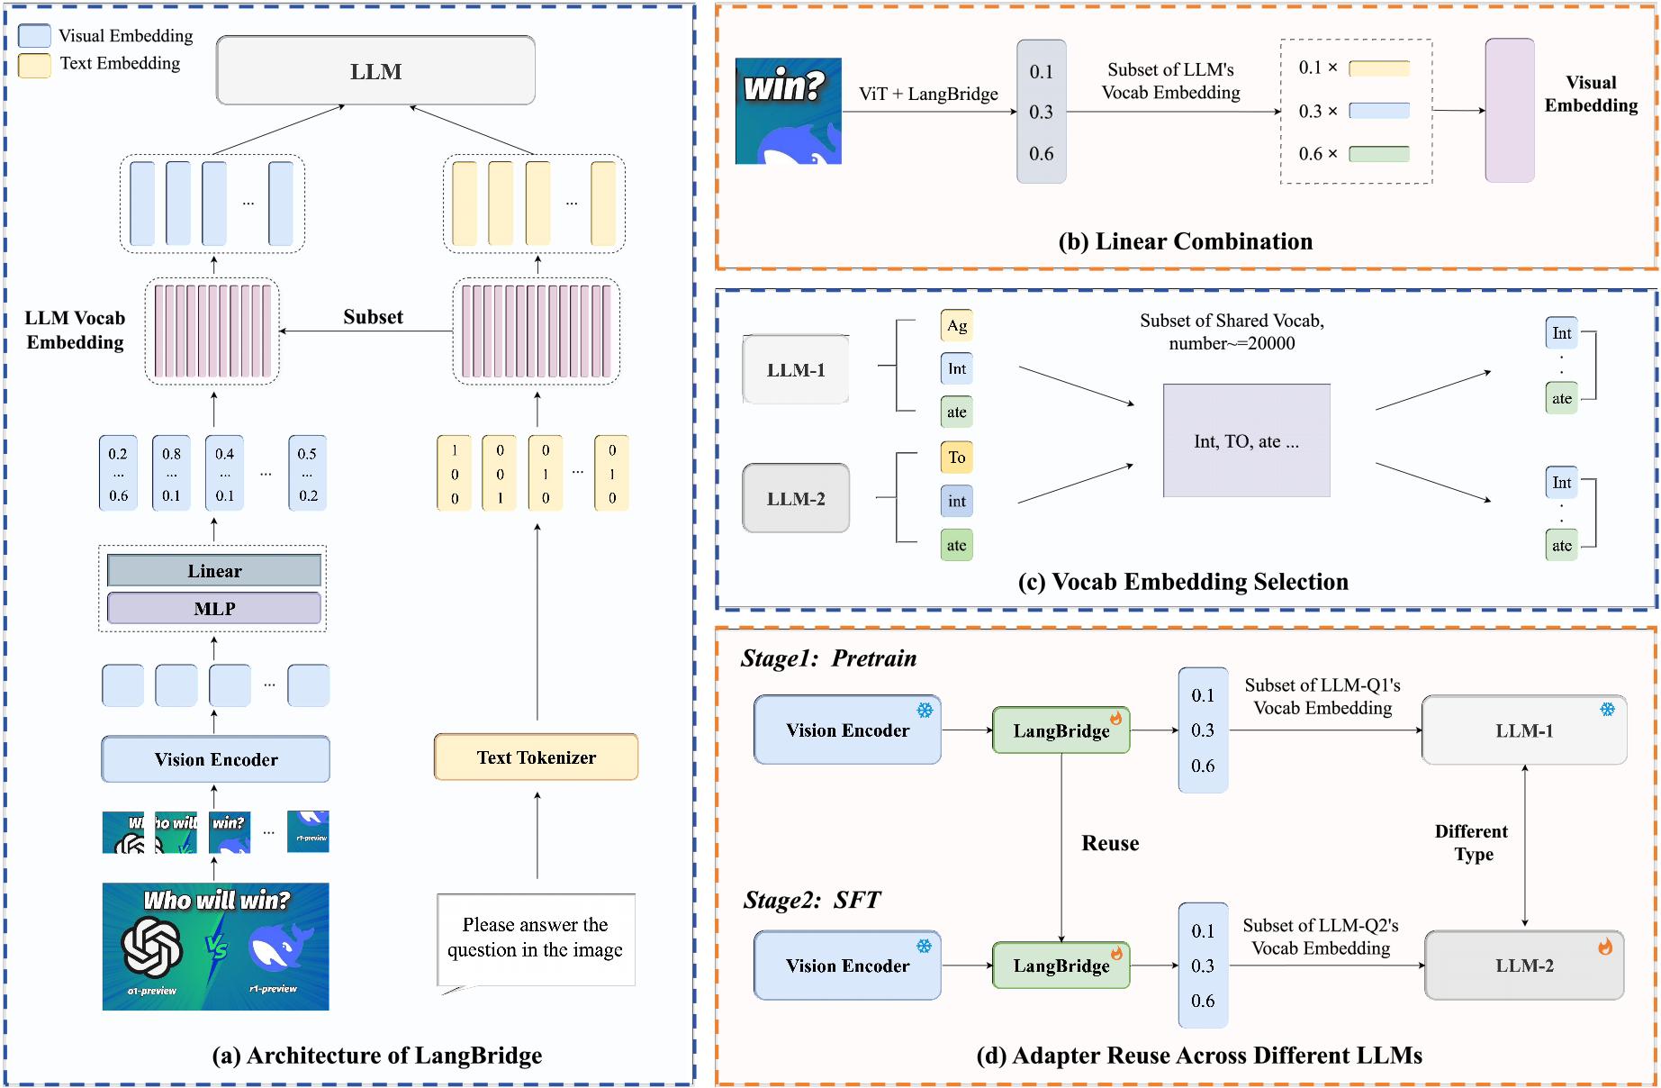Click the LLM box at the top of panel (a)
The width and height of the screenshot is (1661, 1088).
375,70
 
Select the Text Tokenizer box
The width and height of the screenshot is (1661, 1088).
536,757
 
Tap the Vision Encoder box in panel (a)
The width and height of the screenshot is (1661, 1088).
215,759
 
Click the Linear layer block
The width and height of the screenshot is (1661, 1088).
214,571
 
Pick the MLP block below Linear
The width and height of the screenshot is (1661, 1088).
214,609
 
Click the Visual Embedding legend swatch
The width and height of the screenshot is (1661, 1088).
34,36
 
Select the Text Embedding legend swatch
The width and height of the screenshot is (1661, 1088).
34,65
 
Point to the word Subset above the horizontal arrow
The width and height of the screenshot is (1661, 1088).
373,317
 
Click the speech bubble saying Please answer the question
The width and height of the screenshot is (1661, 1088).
536,938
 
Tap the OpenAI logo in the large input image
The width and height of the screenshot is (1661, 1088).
151,947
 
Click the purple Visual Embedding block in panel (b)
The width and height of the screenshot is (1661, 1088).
1510,110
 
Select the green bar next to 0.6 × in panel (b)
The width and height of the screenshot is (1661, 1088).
1379,154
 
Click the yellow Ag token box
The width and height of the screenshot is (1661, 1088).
957,326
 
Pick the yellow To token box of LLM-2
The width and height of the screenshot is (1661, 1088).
957,458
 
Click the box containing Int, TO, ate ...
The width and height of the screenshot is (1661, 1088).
1246,441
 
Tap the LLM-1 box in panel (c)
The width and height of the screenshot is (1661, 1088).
796,370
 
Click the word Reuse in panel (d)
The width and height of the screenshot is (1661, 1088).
1110,843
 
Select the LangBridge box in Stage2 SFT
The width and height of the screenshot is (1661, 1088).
1061,966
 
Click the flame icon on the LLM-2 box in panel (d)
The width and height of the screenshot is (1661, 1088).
1605,947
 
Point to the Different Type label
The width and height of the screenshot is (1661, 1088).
1472,843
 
